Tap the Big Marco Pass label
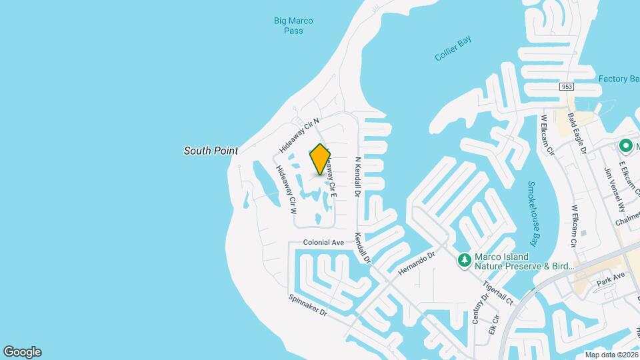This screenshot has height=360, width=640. pos(293,26)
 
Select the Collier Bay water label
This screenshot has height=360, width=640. pos(453,49)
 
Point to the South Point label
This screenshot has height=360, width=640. pos(211,151)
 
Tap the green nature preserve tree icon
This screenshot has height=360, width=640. pos(465,261)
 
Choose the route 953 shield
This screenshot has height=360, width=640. pos(567,87)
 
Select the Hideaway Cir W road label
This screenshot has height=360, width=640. pos(285,189)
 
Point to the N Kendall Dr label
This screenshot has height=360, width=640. pos(358,177)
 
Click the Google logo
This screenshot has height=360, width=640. pos(22,352)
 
